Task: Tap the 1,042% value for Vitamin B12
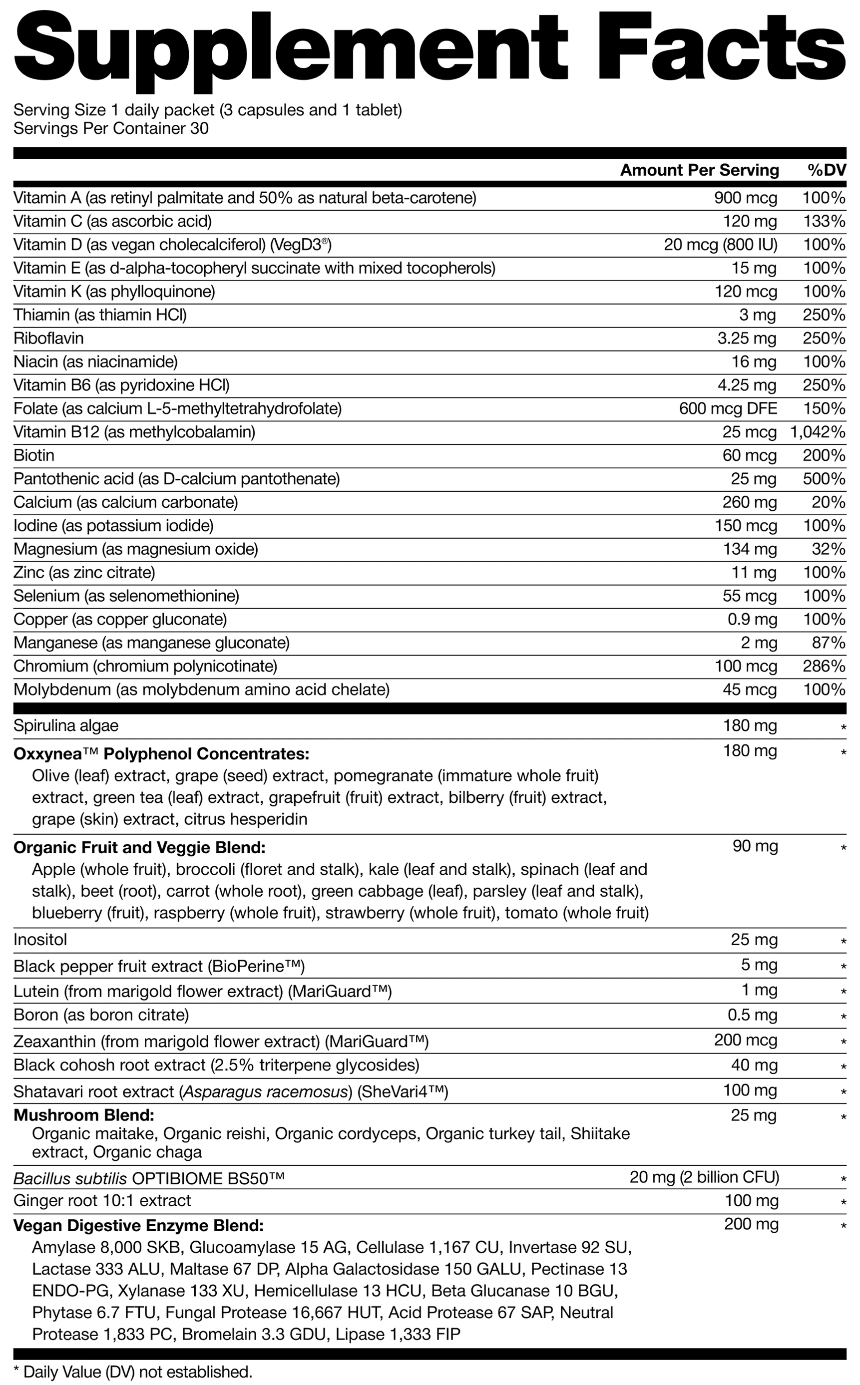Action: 818,432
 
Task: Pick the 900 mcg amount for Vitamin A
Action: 745,198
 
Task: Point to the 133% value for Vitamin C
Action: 824,221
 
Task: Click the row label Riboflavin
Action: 49,339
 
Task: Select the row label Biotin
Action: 34,455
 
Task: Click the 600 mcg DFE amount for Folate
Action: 728,409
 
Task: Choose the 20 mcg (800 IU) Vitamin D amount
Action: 721,245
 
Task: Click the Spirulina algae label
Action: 66,725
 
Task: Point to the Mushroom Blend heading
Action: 83,1115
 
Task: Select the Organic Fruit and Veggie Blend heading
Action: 139,848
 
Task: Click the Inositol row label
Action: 40,939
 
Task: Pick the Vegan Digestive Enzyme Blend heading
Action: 139,1225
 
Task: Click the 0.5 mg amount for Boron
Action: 753,1015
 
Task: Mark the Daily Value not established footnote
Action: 132,1372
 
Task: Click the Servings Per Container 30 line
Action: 111,128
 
